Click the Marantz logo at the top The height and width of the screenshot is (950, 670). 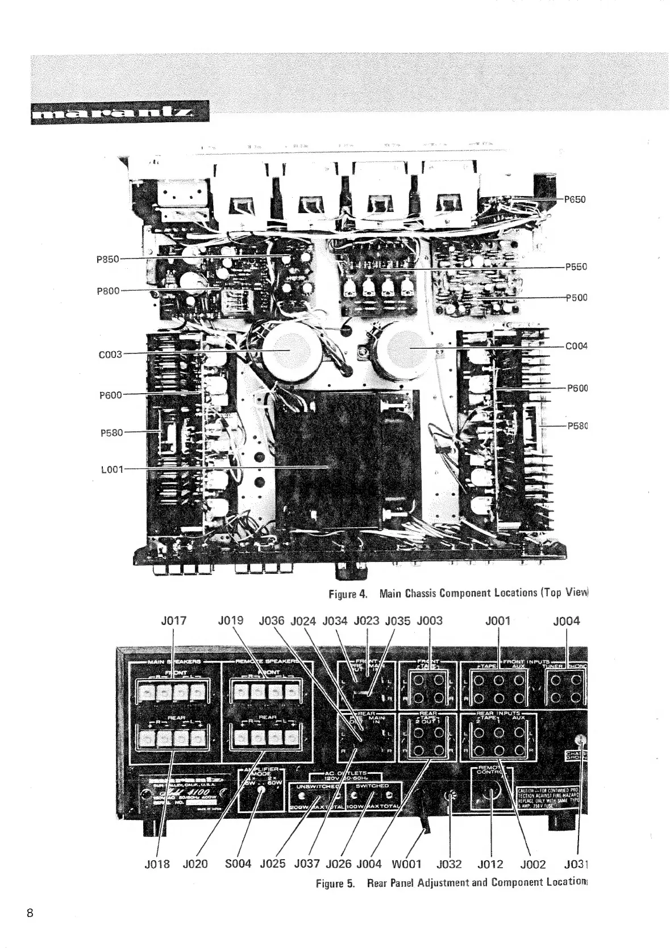coord(120,112)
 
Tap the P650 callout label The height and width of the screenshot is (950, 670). coord(575,199)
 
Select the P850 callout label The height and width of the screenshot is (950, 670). coord(107,259)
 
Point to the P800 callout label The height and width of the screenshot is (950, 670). coord(109,291)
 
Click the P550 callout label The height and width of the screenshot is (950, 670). coord(576,266)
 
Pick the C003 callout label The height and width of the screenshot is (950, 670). coord(110,354)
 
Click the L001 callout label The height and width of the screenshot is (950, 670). coord(111,469)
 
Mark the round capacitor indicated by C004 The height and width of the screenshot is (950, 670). coord(406,348)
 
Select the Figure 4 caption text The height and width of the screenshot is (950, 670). coord(458,594)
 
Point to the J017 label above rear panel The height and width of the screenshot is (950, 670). coord(174,621)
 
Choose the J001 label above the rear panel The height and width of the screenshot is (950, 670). coord(498,621)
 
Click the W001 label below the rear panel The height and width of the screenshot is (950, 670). coord(406,865)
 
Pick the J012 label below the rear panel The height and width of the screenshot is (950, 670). coord(490,865)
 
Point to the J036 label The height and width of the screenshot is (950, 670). coord(271,621)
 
